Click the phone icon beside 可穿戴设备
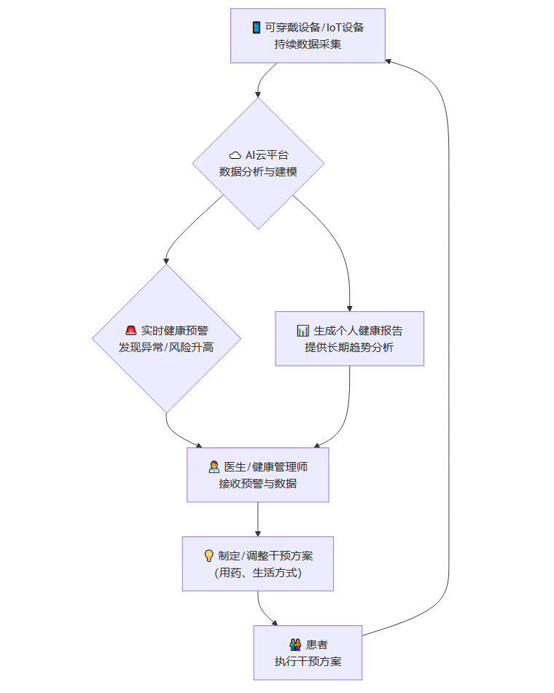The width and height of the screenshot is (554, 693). pos(257,28)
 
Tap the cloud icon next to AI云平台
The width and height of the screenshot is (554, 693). pos(235,155)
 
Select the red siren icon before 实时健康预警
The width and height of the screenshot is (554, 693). pos(131,330)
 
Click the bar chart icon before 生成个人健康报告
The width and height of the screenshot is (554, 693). pos(303,331)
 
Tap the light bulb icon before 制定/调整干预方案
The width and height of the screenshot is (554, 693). pos(208,555)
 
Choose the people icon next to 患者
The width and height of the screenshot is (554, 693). pos(295,644)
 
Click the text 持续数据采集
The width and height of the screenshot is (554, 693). pos(308,44)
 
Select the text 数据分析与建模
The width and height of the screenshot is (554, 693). pos(258,172)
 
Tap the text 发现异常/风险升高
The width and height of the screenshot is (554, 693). pos(166,348)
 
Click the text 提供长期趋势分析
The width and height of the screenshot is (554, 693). pos(349,348)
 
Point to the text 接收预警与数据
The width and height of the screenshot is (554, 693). pos(258,483)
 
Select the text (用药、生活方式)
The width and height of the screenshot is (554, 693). pos(258,573)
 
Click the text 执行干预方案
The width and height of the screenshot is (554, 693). pos(308,662)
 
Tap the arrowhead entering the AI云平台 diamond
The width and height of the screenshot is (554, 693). pos(258,94)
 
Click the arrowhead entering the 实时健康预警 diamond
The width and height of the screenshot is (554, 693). pos(166,260)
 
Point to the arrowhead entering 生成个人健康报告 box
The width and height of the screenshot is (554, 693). pos(349,308)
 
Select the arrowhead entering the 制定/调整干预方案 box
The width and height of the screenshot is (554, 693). pos(258,533)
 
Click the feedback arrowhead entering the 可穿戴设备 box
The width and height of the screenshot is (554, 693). pos(389,61)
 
